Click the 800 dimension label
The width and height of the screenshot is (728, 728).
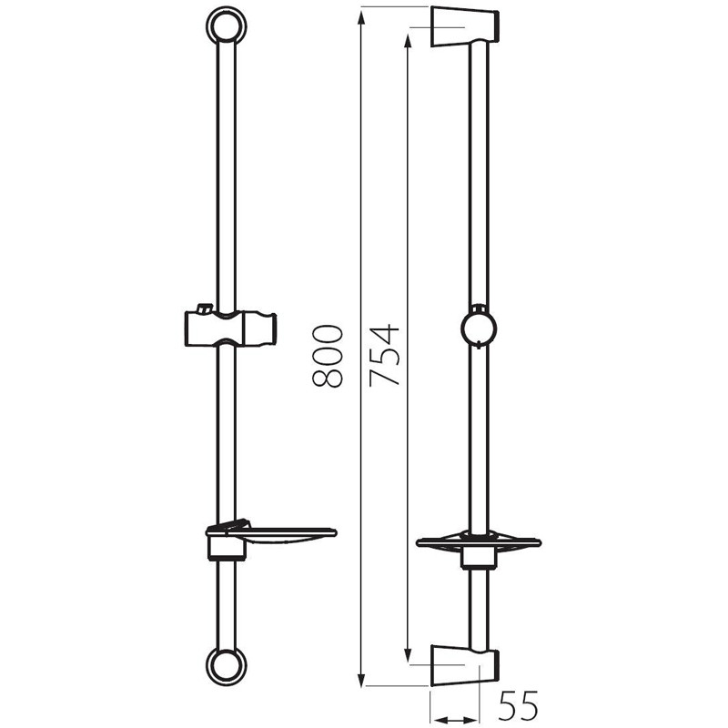pos(328,356)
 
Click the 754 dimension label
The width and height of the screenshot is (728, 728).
pos(384,356)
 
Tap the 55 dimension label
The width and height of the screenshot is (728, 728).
pos(518,704)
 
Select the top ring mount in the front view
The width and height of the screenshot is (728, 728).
pos(226,25)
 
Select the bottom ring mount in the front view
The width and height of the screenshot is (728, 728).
pos(226,666)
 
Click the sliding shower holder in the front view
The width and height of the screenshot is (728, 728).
pos(230,328)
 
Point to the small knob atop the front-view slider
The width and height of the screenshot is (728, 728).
pos(204,308)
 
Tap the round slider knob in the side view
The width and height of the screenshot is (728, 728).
pos(479,328)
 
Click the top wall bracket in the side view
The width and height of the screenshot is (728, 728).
pos(465,26)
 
